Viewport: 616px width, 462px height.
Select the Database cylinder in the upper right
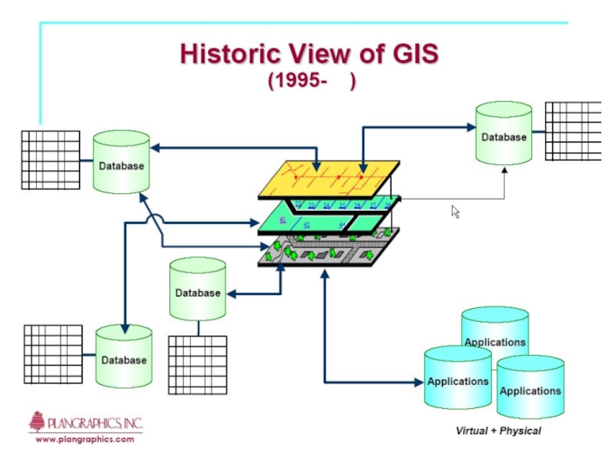[504, 134]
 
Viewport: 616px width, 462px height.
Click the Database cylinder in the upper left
[121, 162]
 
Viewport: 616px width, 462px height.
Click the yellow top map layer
[331, 177]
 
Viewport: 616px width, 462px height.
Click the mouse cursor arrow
[455, 210]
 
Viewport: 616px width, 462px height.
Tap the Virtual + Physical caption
[498, 430]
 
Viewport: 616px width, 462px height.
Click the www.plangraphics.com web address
[85, 439]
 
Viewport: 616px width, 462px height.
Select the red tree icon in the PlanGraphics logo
[36, 421]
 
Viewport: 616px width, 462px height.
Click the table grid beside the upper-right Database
[573, 130]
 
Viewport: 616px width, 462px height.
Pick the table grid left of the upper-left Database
[51, 159]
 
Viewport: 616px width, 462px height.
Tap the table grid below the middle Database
[197, 365]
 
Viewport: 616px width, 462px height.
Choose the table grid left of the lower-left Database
[52, 354]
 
